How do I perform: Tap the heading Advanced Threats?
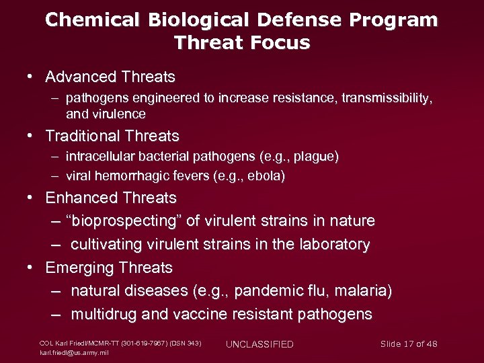[x=110, y=77]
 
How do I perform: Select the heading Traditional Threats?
[x=112, y=136]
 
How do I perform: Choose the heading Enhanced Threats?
[x=111, y=198]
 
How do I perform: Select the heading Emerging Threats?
[x=109, y=268]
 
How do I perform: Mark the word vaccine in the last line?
[x=200, y=315]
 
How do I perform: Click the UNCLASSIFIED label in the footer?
[x=259, y=344]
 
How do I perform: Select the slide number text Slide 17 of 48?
[x=409, y=344]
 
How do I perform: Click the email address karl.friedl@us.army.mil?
[x=73, y=352]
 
